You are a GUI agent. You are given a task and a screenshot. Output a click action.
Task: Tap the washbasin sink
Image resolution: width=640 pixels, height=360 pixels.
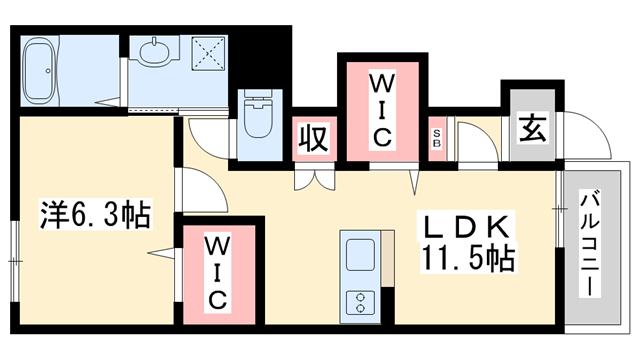coord(156,49)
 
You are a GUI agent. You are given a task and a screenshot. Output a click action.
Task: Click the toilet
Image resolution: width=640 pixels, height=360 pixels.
coord(258,118)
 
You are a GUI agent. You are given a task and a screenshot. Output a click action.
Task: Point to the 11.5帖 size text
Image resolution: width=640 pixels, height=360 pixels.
coord(468,259)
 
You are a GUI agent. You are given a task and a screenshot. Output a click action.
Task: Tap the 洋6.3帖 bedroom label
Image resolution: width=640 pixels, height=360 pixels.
coord(96,212)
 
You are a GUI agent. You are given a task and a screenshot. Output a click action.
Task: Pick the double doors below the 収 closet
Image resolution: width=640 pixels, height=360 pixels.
coord(312,181)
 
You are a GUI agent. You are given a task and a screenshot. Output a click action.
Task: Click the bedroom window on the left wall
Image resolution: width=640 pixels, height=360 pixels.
coord(14,259)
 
